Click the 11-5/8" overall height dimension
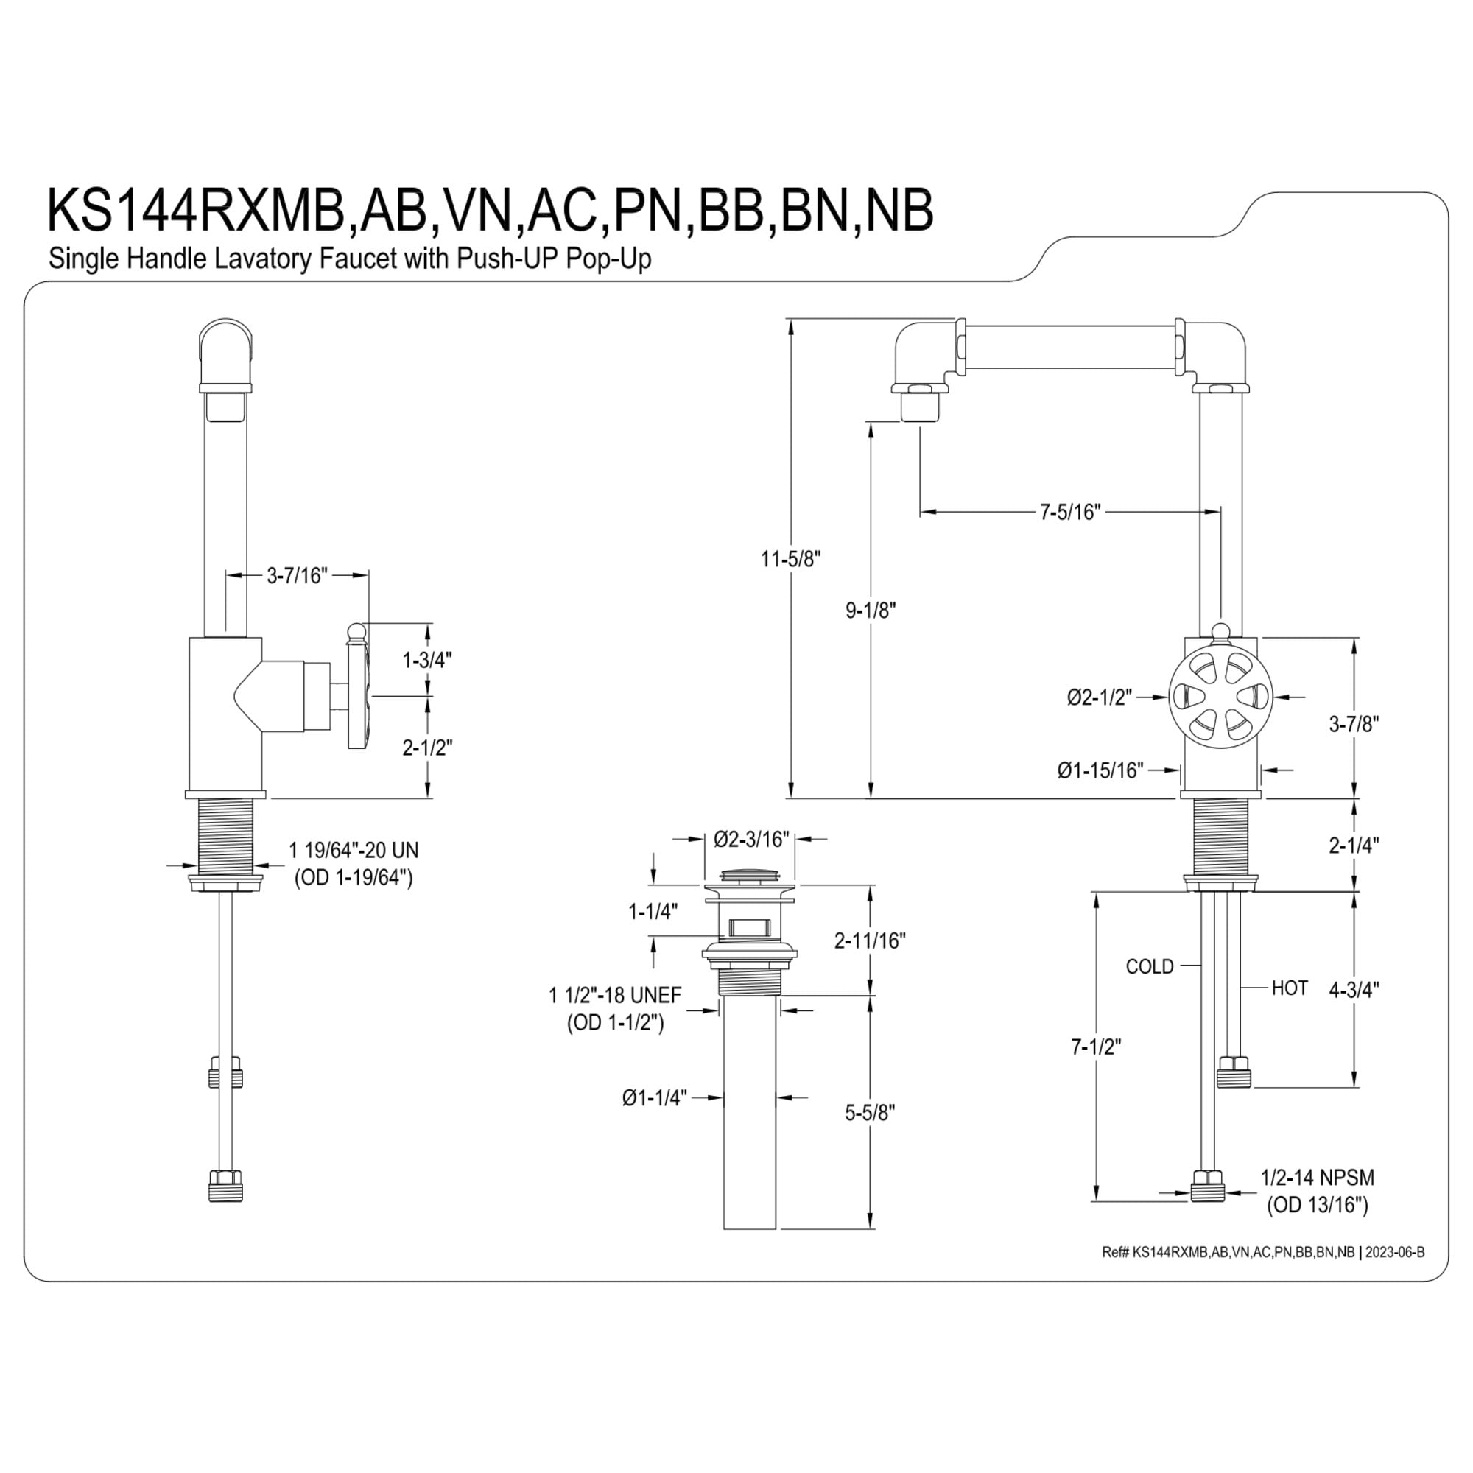pos(790,559)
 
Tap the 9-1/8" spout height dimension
pos(870,610)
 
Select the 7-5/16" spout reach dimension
pos(1070,512)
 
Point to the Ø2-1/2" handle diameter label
pos(1100,697)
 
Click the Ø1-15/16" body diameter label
pos(1100,771)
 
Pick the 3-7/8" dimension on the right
pos(1354,723)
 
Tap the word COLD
pos(1150,967)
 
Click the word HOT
pos(1290,988)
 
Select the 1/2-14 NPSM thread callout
pos(1318,1178)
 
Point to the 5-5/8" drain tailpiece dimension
pos(869,1113)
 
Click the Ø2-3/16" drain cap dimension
pos(751,840)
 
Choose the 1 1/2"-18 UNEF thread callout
pos(615,995)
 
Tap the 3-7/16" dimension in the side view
pos(297,576)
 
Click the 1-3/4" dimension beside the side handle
pos(427,659)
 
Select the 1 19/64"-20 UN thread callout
pos(354,849)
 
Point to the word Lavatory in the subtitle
pos(261,259)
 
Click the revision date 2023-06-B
pos(1394,1253)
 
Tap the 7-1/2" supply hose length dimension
pos(1097,1047)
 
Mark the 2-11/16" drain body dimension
pos(870,941)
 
